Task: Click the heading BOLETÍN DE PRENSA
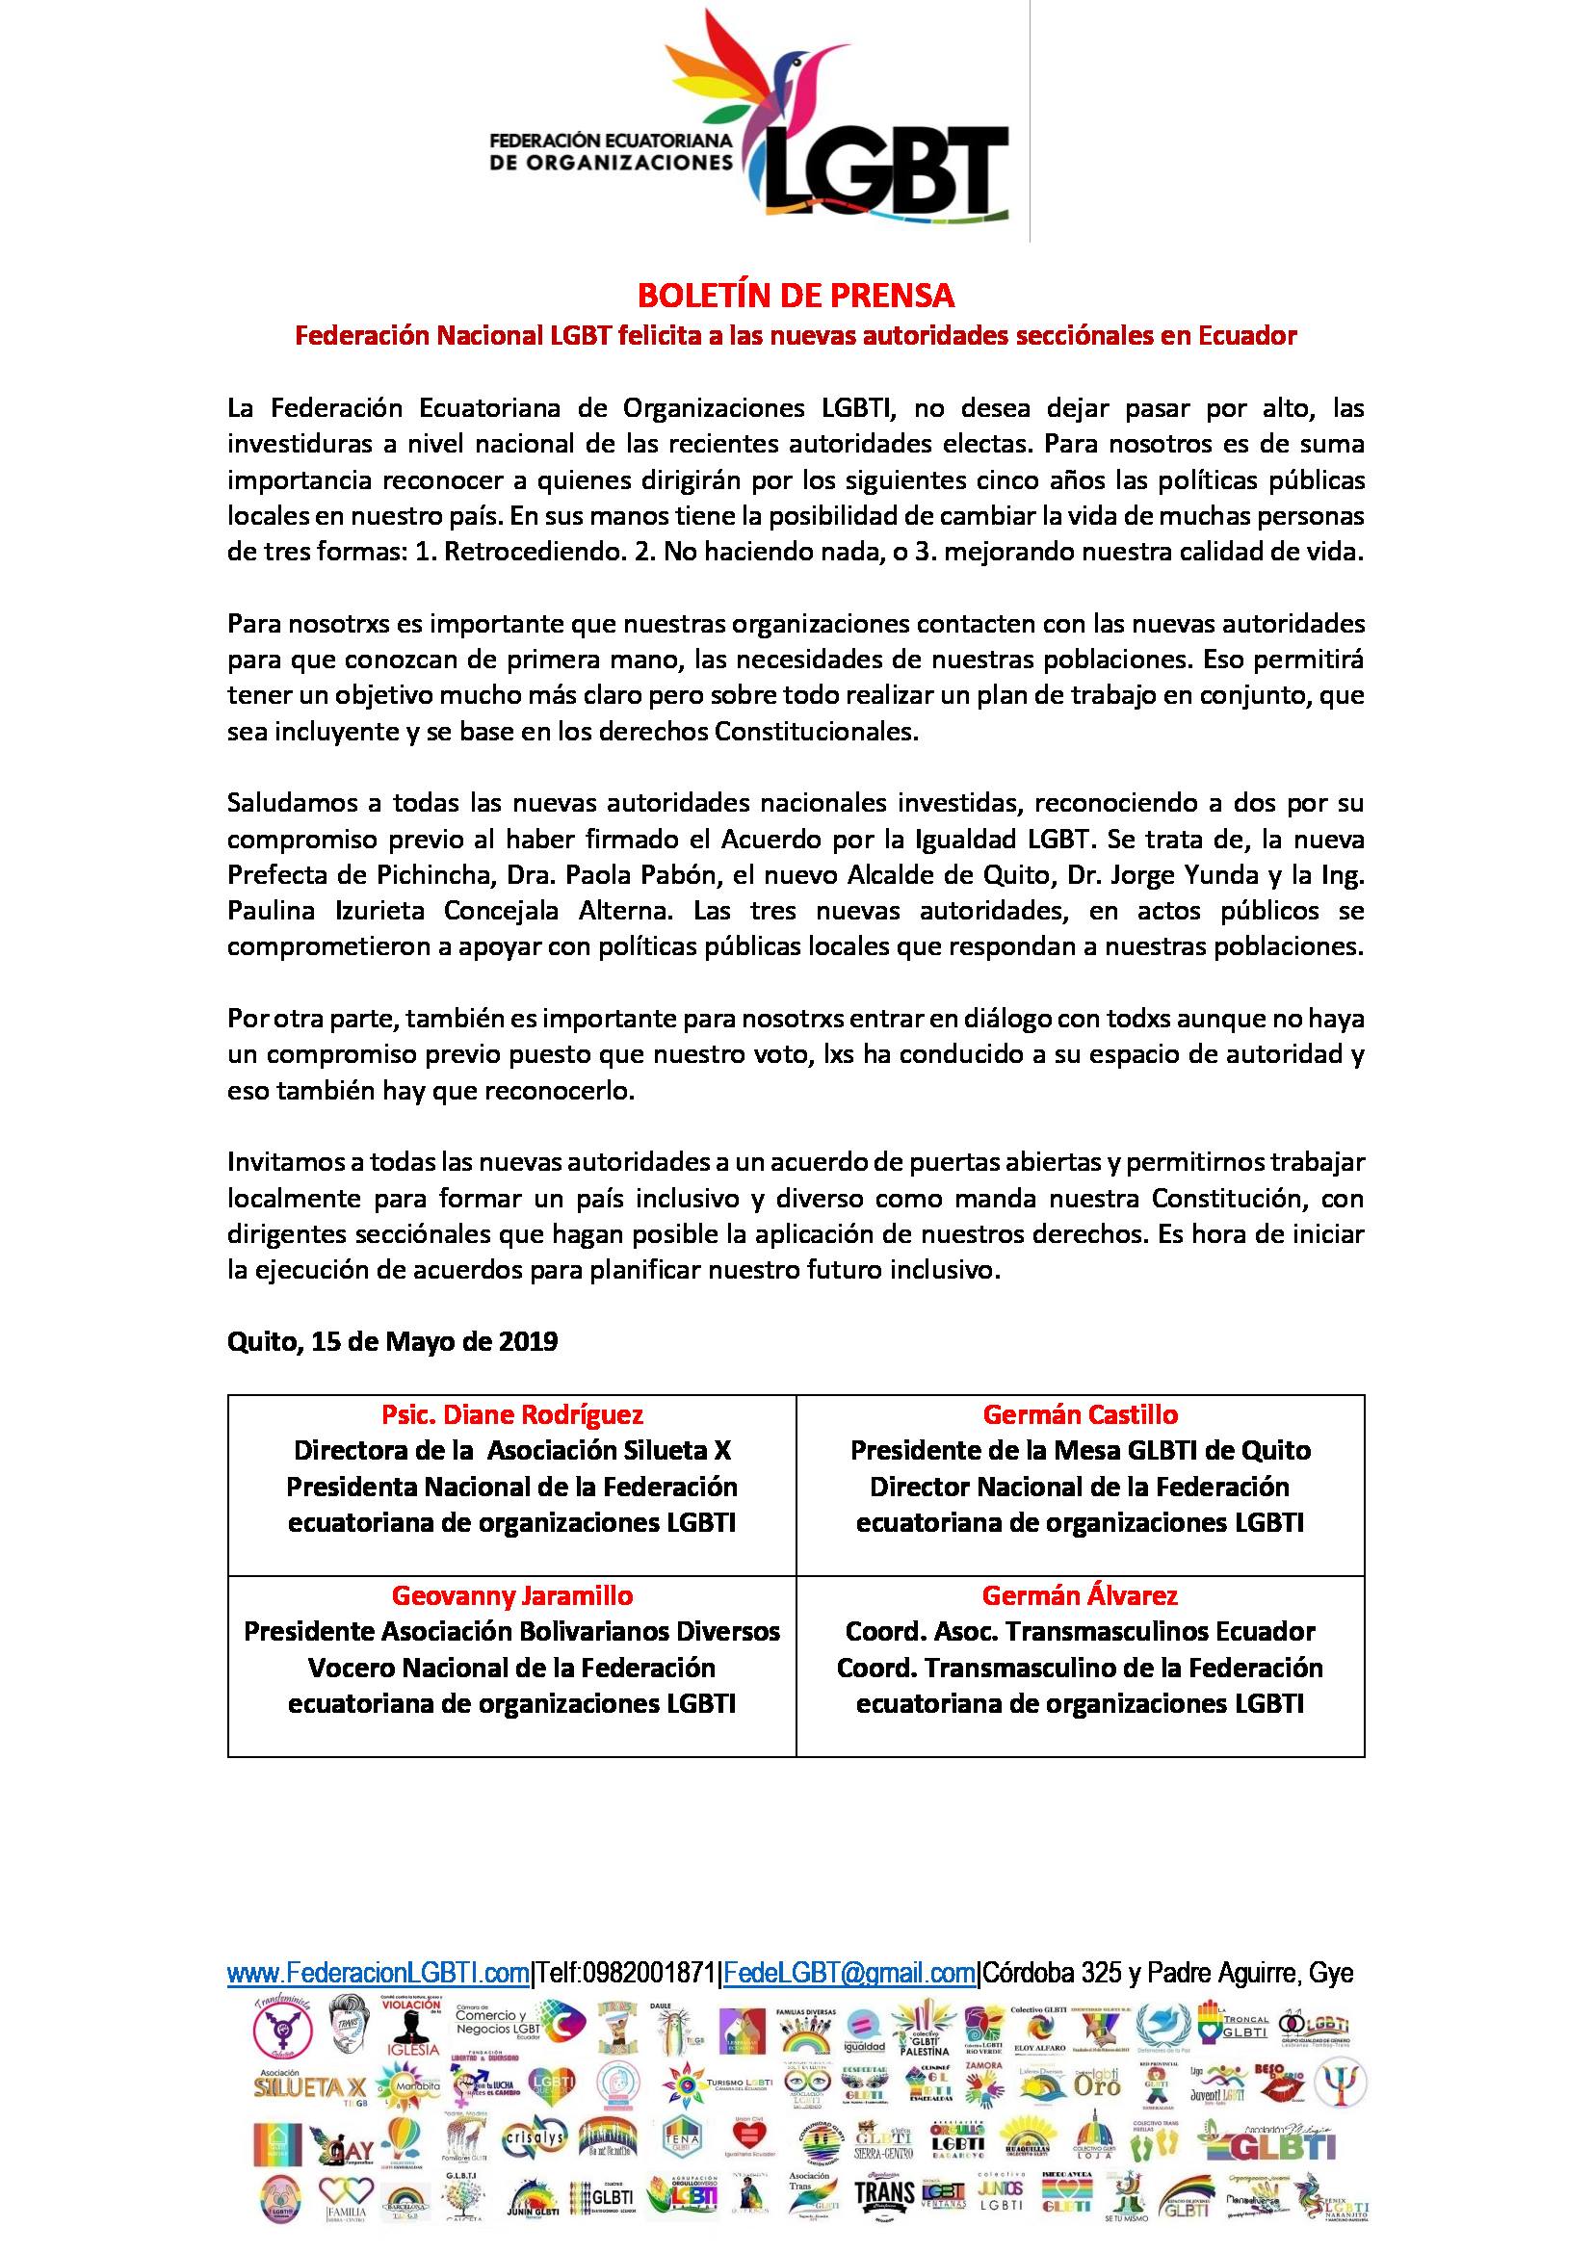[796, 295]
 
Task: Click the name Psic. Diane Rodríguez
[511, 1414]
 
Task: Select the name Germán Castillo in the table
[1080, 1414]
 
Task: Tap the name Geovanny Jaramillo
[511, 1595]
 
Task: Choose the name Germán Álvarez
[1080, 1595]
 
